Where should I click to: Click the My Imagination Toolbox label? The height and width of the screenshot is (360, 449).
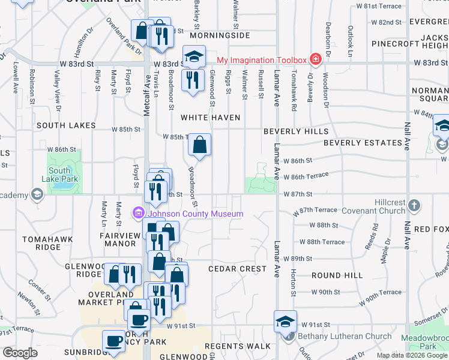point(261,60)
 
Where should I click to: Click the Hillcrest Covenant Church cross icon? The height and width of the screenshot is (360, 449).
point(414,206)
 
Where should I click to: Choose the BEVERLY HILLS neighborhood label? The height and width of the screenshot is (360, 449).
point(295,131)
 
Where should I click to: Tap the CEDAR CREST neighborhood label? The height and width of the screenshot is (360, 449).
point(237,269)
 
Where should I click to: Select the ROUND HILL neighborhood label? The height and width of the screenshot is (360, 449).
point(337,275)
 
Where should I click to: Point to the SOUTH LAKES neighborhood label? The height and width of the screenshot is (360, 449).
point(66,125)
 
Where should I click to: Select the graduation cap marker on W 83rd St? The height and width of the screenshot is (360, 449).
point(194,56)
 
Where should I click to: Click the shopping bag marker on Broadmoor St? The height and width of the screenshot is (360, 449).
point(199,145)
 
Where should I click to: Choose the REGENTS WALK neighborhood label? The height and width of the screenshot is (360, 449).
point(238,346)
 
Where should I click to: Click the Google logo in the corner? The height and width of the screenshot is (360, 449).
point(20,353)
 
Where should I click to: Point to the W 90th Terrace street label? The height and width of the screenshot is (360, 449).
point(381,292)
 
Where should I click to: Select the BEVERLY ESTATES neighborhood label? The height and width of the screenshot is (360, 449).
point(363,143)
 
